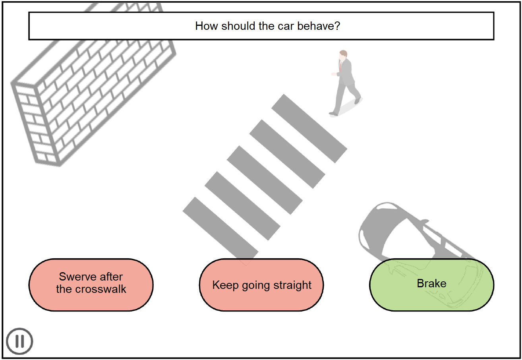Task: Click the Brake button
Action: coord(431,284)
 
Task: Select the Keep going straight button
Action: coord(261,285)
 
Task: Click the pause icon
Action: coord(19,341)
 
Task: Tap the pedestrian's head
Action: coord(343,55)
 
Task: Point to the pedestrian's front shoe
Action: coord(333,114)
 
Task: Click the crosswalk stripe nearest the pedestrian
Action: coord(309,128)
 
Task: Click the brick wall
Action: coord(91,87)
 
